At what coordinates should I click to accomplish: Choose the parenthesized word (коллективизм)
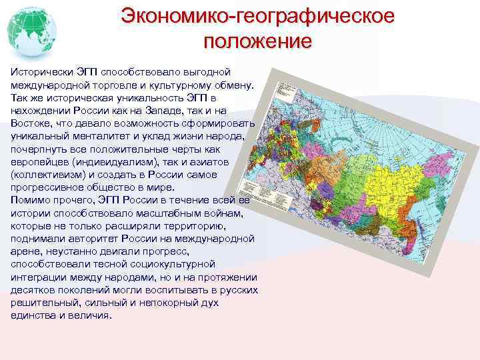pos(52,175)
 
